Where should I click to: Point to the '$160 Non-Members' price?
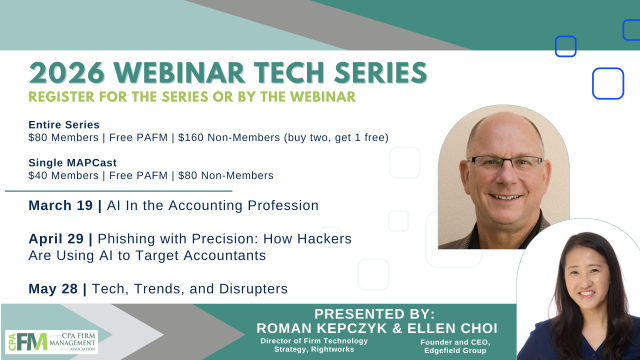click(x=223, y=137)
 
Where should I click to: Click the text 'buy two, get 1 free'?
click(x=335, y=137)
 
